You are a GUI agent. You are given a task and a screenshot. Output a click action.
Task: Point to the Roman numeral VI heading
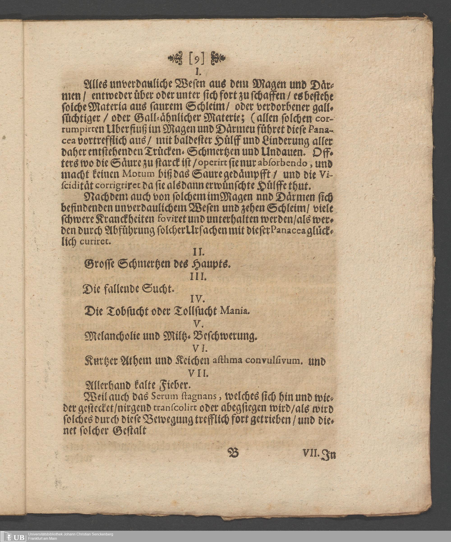click(x=199, y=349)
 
